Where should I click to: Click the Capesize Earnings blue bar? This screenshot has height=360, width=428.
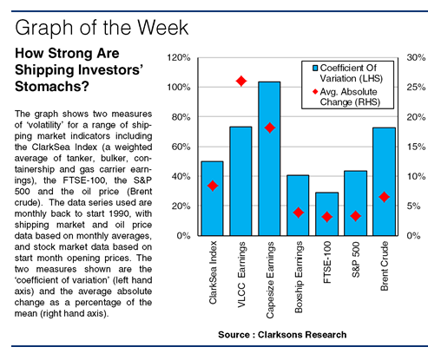[269, 159]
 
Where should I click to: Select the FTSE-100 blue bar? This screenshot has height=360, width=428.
[326, 214]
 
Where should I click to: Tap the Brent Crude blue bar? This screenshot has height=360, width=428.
[384, 181]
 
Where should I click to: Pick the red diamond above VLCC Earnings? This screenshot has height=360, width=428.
[241, 81]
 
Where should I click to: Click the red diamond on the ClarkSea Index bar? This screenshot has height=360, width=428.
[213, 186]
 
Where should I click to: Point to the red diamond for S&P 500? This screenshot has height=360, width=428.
[355, 216]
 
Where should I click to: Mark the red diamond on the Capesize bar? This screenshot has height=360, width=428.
[270, 128]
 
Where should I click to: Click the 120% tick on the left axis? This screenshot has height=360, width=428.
[179, 58]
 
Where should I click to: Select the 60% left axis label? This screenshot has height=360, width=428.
[181, 147]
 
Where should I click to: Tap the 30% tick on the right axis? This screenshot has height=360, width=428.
[416, 57]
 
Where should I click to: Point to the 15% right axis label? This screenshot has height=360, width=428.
[416, 147]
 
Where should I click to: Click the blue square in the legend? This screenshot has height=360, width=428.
[315, 68]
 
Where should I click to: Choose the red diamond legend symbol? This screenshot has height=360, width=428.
[315, 92]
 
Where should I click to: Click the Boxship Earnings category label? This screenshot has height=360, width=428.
[299, 277]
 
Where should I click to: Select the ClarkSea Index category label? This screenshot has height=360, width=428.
[213, 272]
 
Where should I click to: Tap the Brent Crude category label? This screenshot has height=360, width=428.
[385, 266]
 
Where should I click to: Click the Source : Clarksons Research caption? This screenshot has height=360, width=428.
[282, 335]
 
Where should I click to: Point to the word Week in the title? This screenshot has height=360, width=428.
[162, 28]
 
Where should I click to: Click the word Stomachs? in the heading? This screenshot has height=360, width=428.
[52, 87]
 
